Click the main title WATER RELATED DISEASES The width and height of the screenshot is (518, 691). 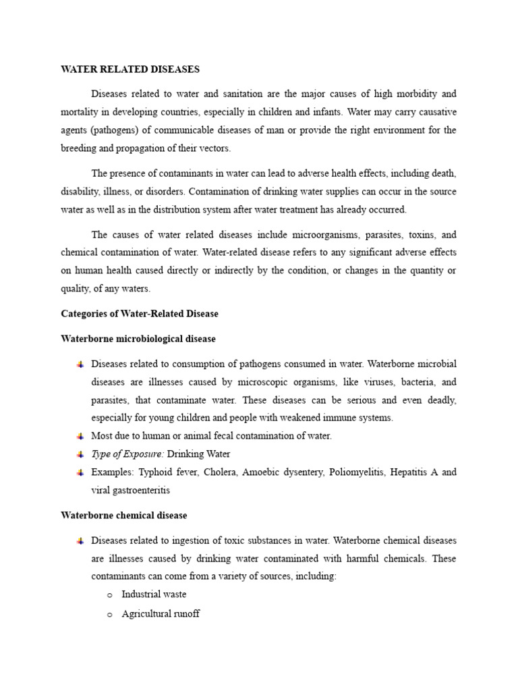click(130, 70)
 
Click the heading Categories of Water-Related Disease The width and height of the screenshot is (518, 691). click(140, 314)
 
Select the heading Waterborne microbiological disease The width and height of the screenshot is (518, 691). click(138, 338)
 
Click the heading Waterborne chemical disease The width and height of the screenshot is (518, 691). click(124, 515)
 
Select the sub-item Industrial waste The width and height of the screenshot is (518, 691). click(154, 595)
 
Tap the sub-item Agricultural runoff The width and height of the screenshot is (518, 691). click(161, 614)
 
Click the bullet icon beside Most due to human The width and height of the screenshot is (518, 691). click(80, 436)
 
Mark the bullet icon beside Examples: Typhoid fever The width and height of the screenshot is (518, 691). click(80, 472)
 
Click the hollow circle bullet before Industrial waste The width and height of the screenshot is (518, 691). click(109, 595)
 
